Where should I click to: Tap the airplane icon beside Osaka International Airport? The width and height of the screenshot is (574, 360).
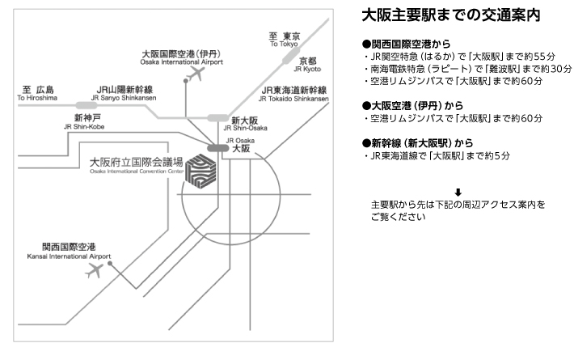pos(193,74)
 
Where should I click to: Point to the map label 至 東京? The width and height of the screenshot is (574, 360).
pos(285,36)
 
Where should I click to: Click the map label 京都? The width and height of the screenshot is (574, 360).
pos(308,61)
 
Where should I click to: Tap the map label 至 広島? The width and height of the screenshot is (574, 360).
pos(37,89)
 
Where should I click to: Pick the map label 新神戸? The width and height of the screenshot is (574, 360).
pos(87,116)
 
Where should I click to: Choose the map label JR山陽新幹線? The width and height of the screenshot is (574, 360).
pos(126,89)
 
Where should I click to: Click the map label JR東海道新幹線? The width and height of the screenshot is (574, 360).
pos(293,90)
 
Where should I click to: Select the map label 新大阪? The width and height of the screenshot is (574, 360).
pos(244,119)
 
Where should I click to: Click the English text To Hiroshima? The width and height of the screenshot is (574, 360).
pos(37,98)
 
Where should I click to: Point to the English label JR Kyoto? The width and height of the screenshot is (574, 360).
pos(308,70)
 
